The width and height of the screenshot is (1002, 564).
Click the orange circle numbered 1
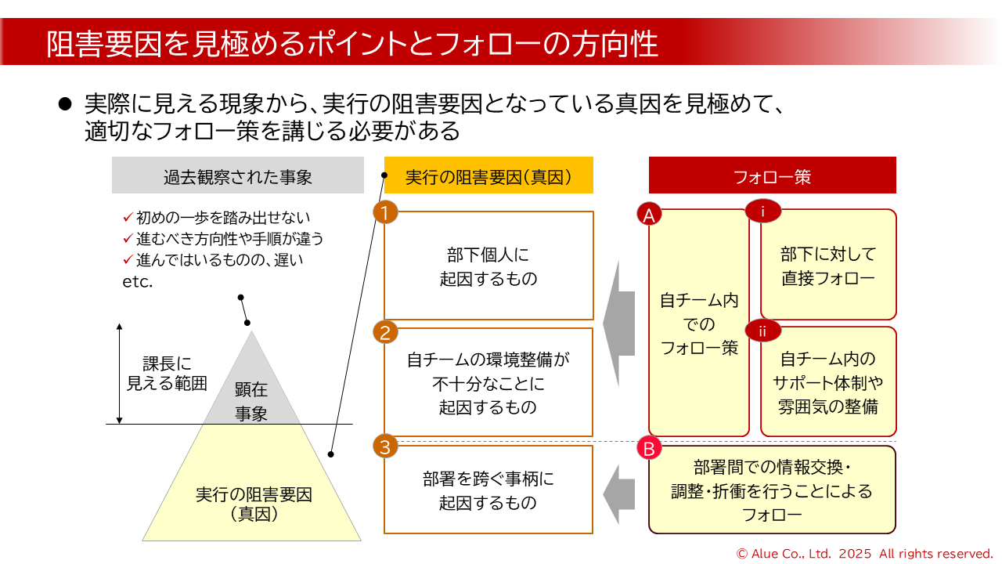[385, 212]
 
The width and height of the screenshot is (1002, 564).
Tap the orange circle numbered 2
[385, 332]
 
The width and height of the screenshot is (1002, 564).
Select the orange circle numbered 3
[385, 447]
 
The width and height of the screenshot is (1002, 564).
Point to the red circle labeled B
[649, 449]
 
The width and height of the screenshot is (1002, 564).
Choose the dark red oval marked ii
[762, 331]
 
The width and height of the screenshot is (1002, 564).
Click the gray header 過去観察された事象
[238, 175]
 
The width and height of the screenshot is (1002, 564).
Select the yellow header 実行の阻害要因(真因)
[488, 175]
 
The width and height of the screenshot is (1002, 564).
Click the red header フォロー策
[772, 175]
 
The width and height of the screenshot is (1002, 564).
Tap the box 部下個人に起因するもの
[488, 266]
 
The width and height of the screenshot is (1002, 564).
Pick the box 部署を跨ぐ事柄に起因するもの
[488, 490]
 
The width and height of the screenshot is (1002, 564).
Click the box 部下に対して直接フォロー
[828, 266]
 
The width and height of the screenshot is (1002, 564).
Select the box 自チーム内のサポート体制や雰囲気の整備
[828, 382]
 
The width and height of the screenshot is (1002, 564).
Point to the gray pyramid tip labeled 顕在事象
[251, 392]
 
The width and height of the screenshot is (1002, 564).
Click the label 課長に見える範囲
[167, 374]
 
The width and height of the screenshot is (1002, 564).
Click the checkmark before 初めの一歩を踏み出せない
[128, 217]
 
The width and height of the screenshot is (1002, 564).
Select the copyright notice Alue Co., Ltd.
[864, 553]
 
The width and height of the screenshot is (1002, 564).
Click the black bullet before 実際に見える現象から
[66, 104]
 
